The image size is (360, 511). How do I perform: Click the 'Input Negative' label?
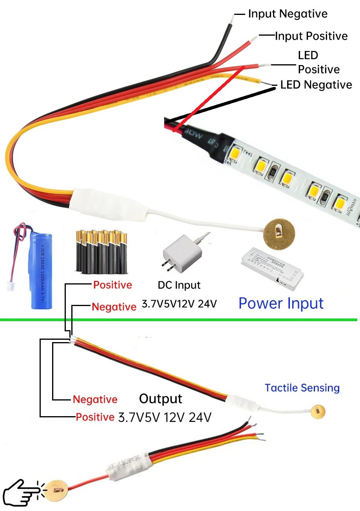(288, 14)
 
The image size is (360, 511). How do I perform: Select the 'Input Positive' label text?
(311, 36)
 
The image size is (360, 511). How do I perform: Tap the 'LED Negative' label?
(316, 85)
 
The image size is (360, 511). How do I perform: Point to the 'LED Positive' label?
(318, 62)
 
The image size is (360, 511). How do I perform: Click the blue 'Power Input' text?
(281, 304)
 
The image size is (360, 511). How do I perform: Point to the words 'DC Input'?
(179, 285)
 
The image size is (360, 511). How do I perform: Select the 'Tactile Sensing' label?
(302, 388)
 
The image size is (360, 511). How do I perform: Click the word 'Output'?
(161, 399)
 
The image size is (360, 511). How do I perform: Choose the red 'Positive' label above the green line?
(112, 285)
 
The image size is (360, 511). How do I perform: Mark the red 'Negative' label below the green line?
(95, 400)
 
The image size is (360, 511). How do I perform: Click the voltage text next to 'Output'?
(165, 417)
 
